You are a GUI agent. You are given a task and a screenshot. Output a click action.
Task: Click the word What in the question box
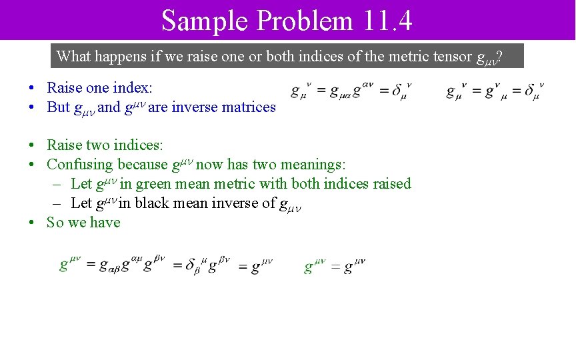pos(73,56)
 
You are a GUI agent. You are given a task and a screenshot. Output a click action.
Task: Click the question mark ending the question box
pos(499,57)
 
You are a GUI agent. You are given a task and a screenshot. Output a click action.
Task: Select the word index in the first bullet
pos(133,87)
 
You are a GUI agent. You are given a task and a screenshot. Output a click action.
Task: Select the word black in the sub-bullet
pos(153,203)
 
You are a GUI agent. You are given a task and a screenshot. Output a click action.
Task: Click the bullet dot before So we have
pos(32,223)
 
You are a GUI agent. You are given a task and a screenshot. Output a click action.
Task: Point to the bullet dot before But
pos(32,107)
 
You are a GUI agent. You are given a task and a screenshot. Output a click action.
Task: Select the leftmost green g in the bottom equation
pos(65,266)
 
